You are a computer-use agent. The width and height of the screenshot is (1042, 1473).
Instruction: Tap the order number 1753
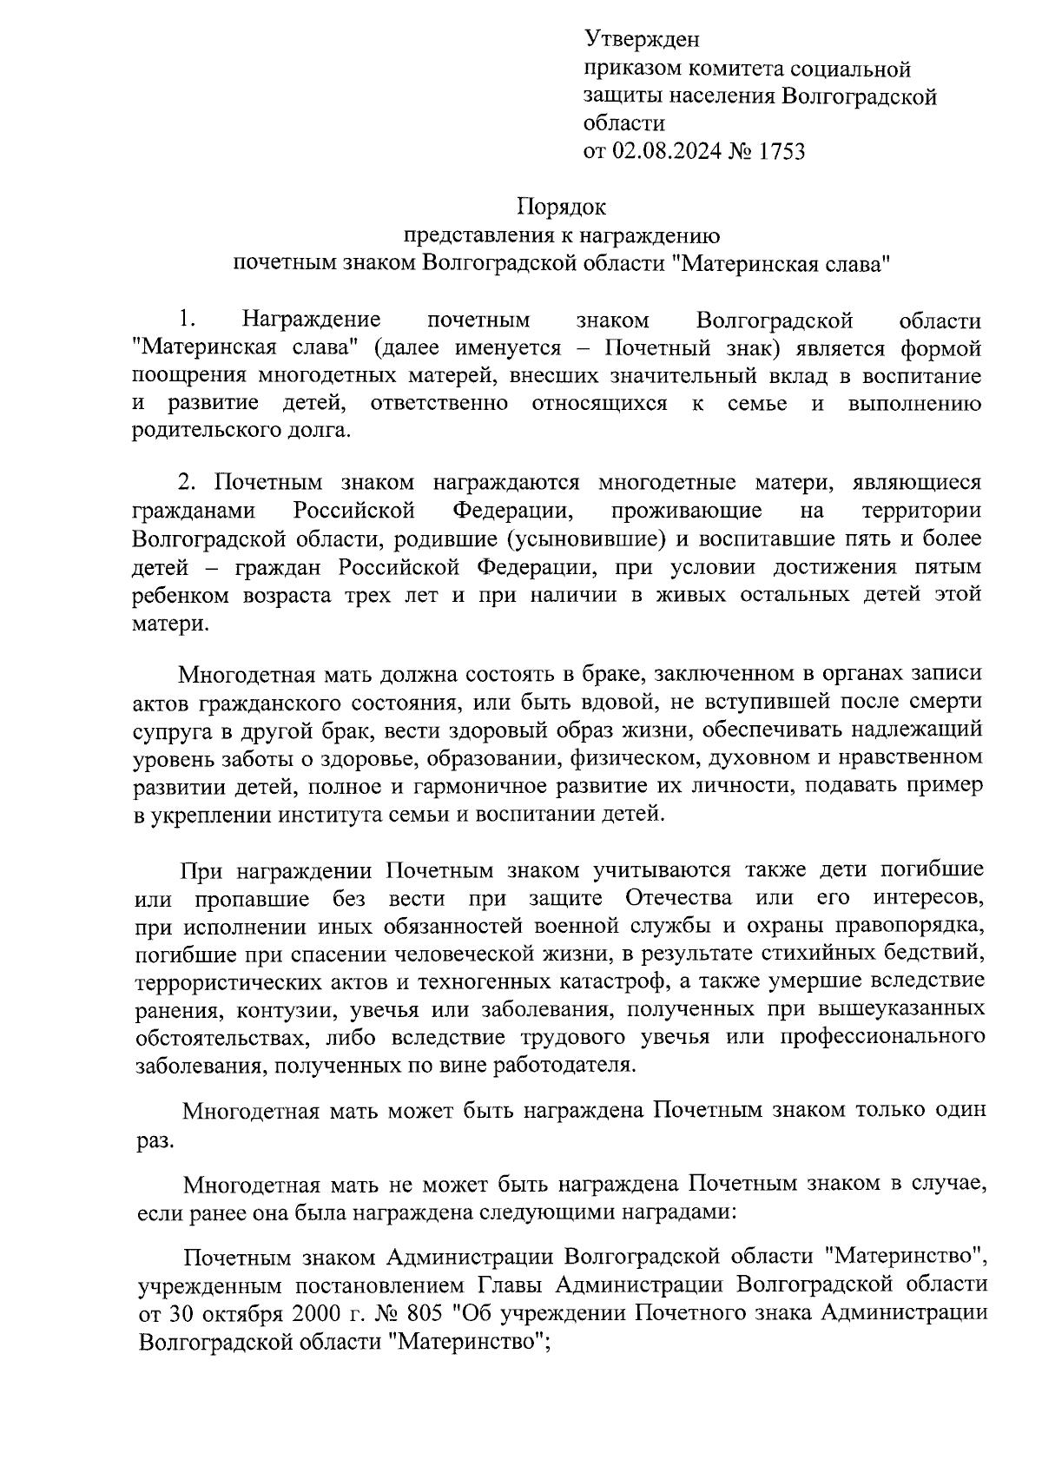point(781,152)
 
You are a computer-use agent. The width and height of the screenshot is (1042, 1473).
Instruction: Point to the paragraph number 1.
point(184,320)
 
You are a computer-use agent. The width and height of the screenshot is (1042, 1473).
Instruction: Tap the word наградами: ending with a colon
point(688,1212)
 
